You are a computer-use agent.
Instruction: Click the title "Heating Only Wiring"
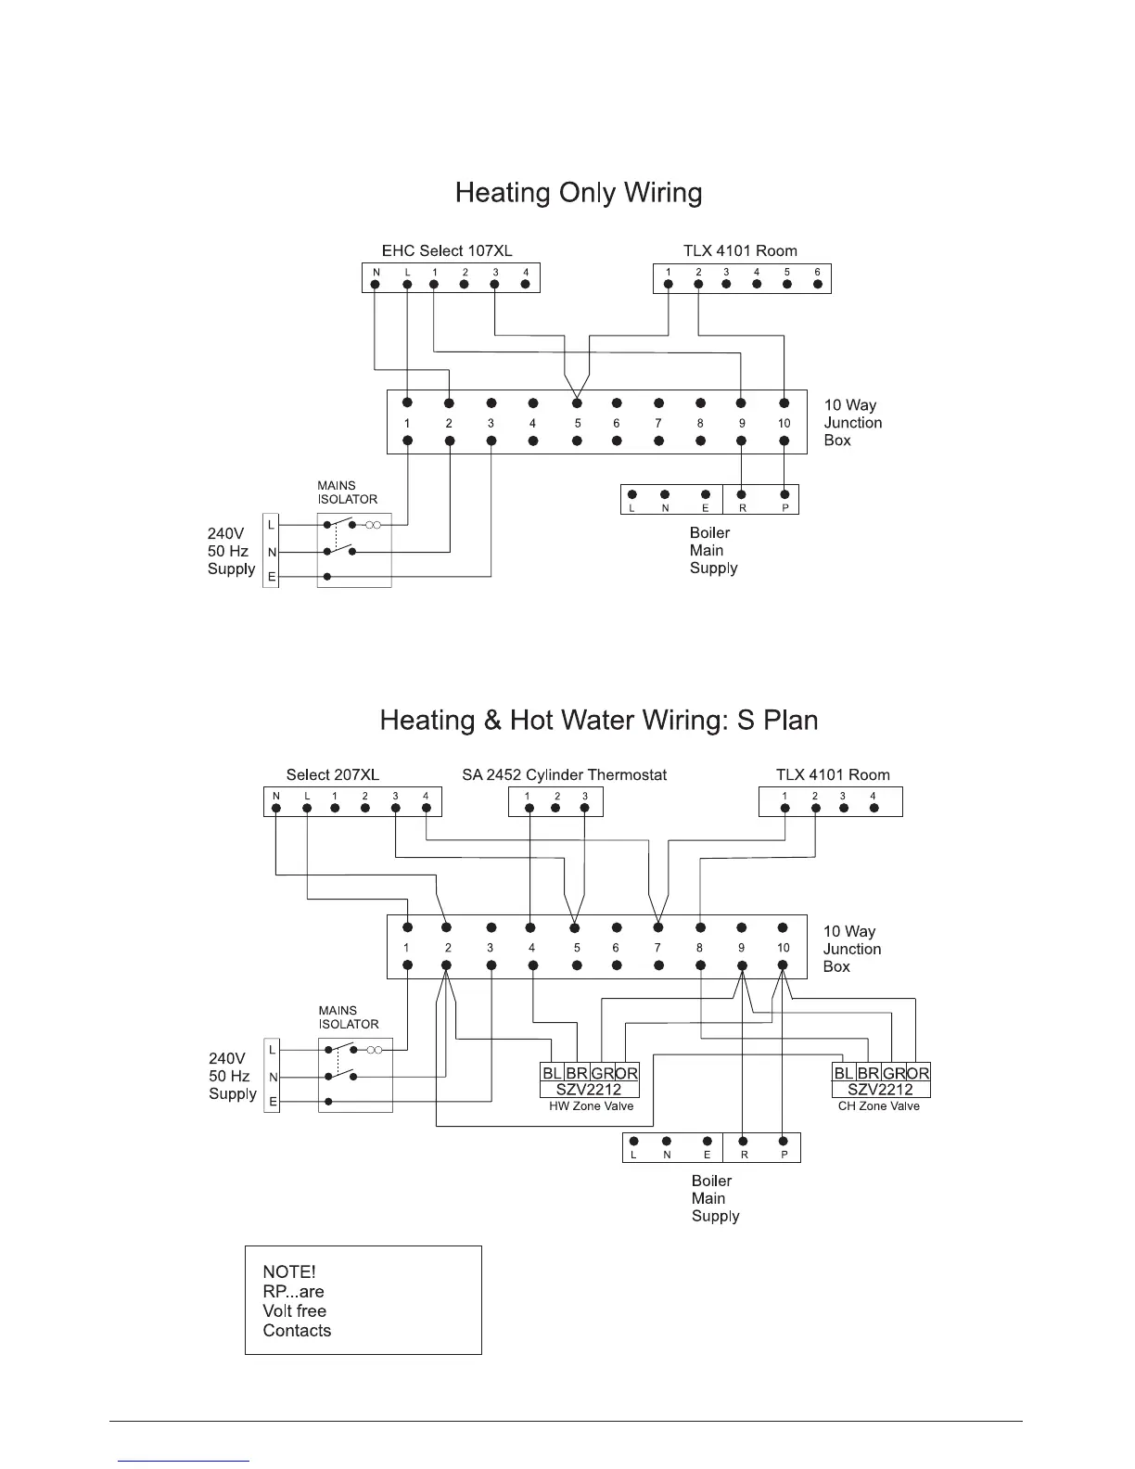coord(579,193)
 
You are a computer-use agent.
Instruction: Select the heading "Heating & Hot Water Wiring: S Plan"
coord(599,721)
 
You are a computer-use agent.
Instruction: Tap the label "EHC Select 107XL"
coord(447,250)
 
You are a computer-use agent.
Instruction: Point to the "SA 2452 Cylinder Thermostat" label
coord(564,774)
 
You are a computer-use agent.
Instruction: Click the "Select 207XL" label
coord(332,774)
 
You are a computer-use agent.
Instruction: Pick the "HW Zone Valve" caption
coord(591,1106)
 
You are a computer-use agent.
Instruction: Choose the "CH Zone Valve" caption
coord(878,1106)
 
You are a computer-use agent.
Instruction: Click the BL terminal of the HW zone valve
coord(552,1073)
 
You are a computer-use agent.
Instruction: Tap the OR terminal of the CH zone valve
coord(918,1073)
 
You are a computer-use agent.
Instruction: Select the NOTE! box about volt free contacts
coord(363,1300)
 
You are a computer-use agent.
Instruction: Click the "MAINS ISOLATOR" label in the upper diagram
coord(347,492)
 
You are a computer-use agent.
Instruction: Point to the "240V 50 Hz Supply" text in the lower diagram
coord(232,1076)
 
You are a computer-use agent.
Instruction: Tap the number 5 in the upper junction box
coord(577,424)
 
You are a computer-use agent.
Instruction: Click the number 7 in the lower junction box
coord(657,948)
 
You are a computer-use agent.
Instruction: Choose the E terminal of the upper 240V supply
coord(271,578)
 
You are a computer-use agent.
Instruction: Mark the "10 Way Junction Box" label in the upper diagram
coord(852,423)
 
